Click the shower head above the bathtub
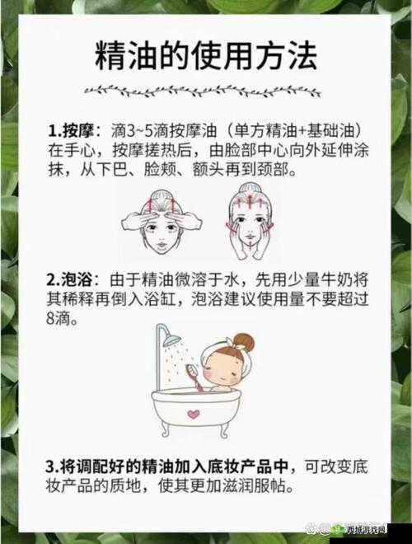click(x=171, y=339)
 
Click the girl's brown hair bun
click(x=243, y=340)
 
